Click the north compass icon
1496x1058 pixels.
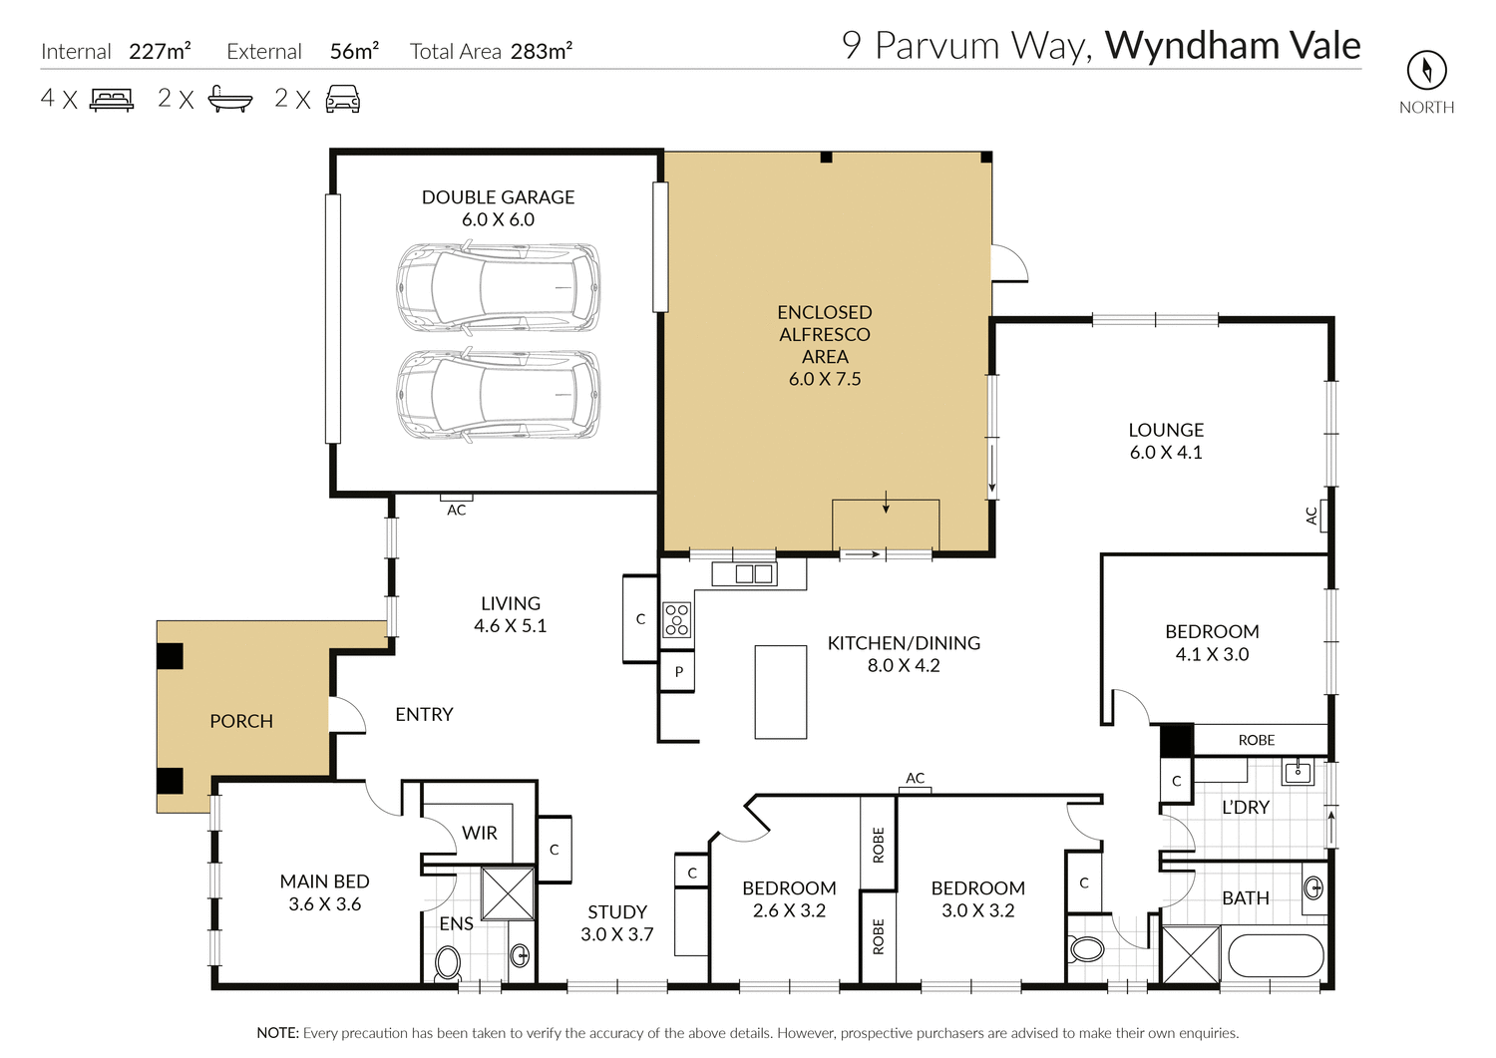tap(1426, 70)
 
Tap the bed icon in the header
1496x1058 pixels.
tap(112, 99)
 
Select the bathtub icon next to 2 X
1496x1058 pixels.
tap(229, 99)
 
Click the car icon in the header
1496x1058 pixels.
tap(342, 99)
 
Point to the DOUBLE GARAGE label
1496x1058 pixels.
tap(498, 197)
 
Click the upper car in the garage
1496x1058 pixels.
tap(499, 288)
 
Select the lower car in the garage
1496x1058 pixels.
tap(499, 395)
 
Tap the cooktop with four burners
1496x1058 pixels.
tap(677, 619)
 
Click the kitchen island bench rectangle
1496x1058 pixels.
tap(780, 692)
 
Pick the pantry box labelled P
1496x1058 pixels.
tap(678, 672)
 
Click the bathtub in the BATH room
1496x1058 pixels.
tap(1276, 955)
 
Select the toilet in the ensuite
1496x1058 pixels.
tap(448, 962)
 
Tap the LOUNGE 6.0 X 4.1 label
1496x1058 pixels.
tap(1165, 441)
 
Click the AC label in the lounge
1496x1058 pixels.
tap(1311, 516)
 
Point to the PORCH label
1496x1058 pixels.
tap(241, 721)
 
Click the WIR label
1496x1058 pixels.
tap(479, 833)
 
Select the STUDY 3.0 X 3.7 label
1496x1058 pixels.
tap(617, 922)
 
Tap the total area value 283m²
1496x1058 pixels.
tap(542, 51)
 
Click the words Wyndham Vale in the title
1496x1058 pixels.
tap(1233, 46)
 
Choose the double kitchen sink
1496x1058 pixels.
tap(755, 573)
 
